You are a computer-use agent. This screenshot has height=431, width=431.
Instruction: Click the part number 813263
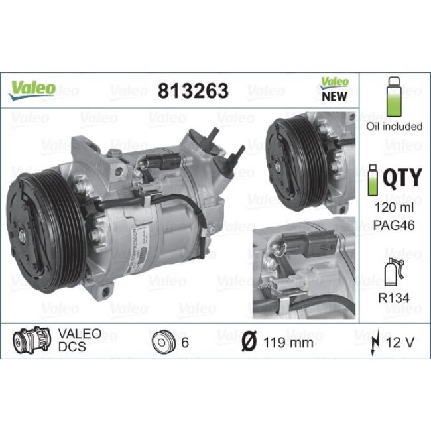[193, 90]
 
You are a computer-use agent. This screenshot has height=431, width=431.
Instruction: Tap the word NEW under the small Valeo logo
[335, 95]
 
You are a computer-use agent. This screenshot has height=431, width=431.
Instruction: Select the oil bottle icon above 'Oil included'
[394, 99]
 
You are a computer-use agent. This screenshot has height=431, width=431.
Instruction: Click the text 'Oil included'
[394, 126]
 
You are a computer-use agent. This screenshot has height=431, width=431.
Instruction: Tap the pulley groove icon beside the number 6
[162, 343]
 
